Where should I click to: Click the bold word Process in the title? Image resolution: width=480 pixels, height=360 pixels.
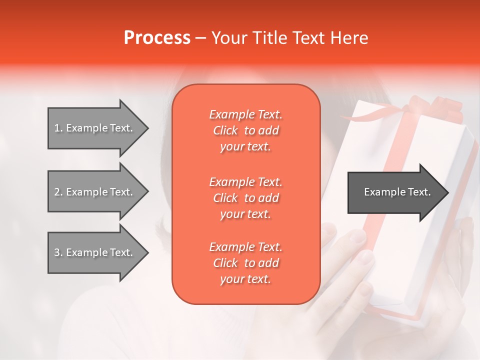tap(157, 38)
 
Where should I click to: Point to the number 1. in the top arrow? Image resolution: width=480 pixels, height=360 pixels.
tap(58, 128)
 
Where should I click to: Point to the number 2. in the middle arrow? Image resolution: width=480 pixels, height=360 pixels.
tap(58, 192)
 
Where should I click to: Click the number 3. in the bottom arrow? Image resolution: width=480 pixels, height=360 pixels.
tap(58, 252)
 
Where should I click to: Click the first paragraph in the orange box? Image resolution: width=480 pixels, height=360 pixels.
tap(245, 130)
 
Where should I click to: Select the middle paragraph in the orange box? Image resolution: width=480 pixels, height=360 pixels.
tap(245, 198)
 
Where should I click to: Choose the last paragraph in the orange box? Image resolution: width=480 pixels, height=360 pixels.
tap(245, 263)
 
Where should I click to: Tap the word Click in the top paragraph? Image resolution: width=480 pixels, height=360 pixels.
tap(225, 131)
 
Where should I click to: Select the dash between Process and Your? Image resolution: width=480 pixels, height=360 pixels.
tap(200, 38)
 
